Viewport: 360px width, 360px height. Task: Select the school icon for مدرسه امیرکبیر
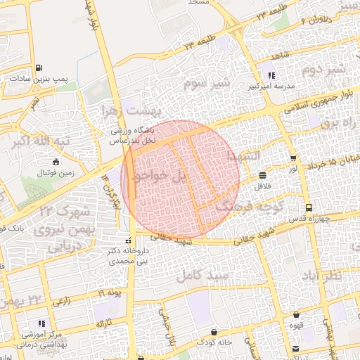[x=271, y=75]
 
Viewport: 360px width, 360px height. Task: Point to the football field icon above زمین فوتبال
[x=57, y=162]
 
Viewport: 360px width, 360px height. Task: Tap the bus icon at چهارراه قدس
[x=309, y=207]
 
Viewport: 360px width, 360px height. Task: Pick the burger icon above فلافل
[x=262, y=175]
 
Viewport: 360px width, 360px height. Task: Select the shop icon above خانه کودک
[x=214, y=331]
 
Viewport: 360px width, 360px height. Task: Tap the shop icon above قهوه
[x=297, y=314]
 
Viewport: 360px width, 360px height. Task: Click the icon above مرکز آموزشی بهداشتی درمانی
[x=42, y=323]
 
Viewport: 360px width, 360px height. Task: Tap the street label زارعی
[x=61, y=301]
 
